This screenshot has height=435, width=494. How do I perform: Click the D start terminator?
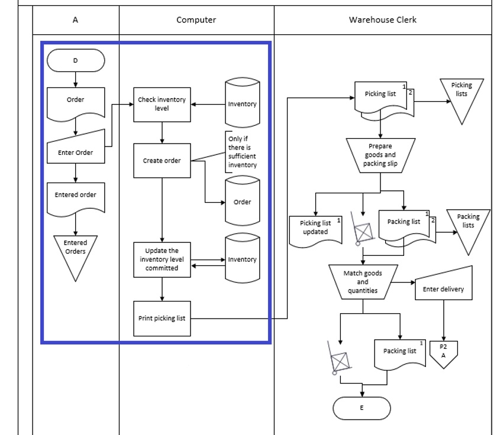pos(75,60)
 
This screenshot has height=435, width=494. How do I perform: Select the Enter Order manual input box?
pos(75,150)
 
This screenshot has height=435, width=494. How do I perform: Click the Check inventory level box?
pos(162,105)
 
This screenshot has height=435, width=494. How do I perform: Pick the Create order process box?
pos(162,160)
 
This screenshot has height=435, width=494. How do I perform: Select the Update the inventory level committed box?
pos(162,259)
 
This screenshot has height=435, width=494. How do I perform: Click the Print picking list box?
pos(162,318)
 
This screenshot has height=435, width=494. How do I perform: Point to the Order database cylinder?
pos(242,202)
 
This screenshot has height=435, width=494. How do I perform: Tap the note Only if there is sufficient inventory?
pos(242,152)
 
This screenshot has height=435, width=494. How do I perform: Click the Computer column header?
pos(196,20)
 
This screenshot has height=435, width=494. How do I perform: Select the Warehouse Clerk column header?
pos(382,20)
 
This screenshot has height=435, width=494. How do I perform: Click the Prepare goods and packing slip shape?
pos(380,155)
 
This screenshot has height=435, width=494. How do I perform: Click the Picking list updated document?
pos(316,229)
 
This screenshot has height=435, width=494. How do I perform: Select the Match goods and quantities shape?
pos(363,282)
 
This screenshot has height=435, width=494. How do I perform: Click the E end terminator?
pos(362,408)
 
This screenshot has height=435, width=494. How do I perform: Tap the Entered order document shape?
pos(75,196)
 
